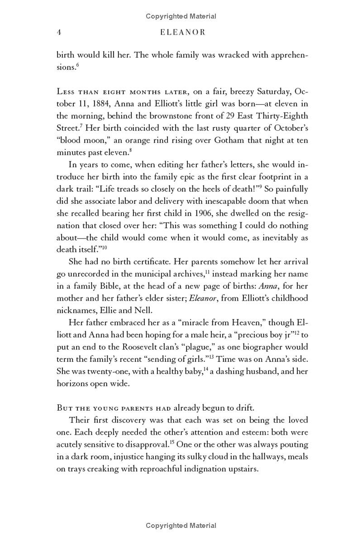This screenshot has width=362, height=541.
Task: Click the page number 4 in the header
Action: click(x=59, y=33)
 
